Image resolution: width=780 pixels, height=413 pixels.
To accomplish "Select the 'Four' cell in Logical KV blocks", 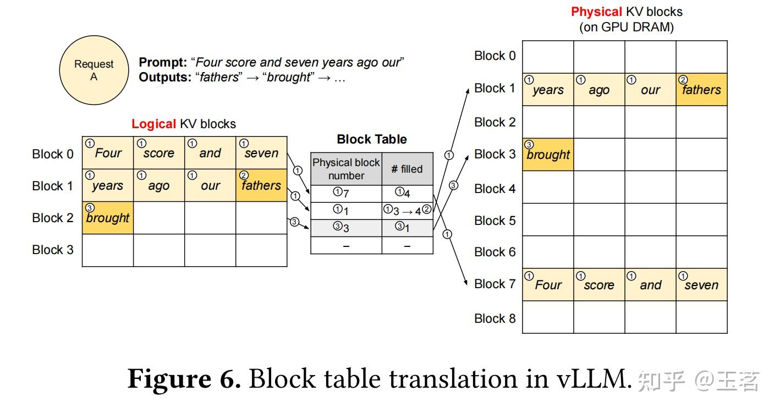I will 108,153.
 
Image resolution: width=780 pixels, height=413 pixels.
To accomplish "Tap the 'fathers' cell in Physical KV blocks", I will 701,90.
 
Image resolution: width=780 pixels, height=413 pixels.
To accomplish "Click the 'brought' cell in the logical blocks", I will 108,218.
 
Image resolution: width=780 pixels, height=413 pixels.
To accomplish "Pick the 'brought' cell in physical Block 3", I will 548,155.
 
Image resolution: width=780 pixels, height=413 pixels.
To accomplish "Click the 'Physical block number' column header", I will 346,169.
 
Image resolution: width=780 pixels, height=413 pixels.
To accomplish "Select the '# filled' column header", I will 407,169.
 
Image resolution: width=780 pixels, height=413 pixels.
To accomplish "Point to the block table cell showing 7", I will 346,194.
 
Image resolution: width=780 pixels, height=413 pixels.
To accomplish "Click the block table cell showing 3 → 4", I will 407,211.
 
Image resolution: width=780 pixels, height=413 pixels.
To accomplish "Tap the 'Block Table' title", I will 372,140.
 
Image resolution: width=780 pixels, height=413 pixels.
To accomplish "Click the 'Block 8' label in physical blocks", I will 495,318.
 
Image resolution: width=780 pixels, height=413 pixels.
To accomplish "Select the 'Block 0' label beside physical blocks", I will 495,56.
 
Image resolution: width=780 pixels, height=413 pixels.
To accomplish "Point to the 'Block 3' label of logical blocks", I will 52,250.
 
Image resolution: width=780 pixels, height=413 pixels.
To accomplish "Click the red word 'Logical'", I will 153,124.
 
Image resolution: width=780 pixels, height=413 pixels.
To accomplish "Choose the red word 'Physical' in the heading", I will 596,12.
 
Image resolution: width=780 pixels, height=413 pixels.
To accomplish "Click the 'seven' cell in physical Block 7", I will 701,285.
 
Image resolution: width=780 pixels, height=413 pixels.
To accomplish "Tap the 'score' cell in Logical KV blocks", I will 158,153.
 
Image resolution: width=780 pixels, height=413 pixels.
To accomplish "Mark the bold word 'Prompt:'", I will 162,63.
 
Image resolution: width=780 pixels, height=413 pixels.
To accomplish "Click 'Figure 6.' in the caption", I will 184,379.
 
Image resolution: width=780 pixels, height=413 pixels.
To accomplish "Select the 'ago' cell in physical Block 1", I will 599,90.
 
